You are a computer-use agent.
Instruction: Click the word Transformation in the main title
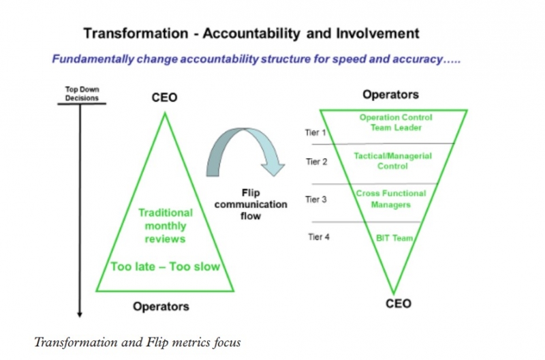(136, 33)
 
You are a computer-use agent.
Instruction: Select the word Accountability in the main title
(251, 33)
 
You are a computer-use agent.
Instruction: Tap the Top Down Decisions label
(82, 93)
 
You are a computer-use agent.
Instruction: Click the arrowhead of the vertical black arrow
(80, 314)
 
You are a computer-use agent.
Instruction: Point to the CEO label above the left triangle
(164, 97)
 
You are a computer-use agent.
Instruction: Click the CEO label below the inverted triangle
(399, 303)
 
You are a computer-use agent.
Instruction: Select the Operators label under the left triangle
(161, 306)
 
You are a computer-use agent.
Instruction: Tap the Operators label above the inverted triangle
(390, 95)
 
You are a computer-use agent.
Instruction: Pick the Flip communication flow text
(251, 204)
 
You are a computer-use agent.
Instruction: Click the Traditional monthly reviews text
(166, 226)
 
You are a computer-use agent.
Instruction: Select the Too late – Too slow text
(166, 267)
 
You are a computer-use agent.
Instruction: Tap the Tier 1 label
(315, 132)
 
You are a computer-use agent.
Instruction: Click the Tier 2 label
(317, 162)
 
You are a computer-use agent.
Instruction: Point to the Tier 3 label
(316, 199)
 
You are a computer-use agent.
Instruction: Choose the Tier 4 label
(319, 237)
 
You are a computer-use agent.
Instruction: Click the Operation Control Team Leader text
(396, 123)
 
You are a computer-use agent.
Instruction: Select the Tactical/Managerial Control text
(393, 161)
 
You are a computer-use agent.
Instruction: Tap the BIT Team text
(394, 238)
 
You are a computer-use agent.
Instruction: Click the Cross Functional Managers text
(391, 199)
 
